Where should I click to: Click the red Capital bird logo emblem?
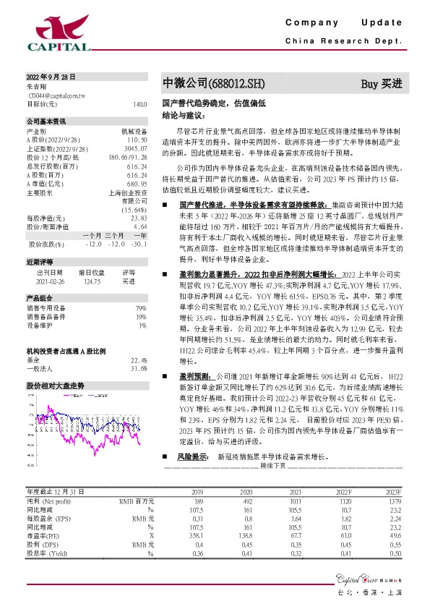click(57, 28)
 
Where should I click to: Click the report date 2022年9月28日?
click(51, 77)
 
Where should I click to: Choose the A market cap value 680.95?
click(137, 182)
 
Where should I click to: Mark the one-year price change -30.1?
click(139, 244)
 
